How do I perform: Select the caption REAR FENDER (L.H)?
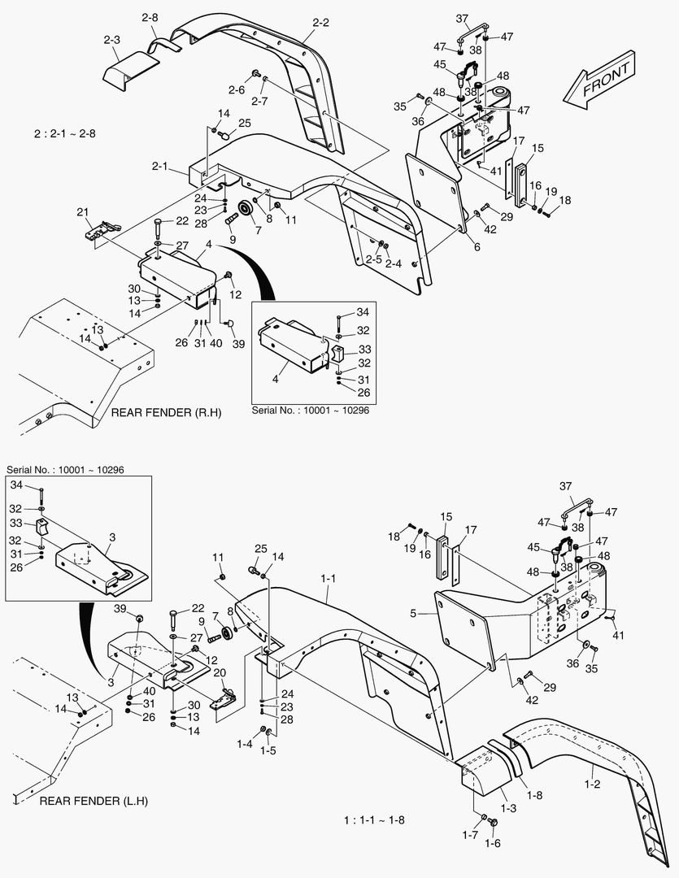click(x=97, y=802)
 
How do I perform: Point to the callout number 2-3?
click(x=111, y=40)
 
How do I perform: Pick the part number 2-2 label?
click(x=320, y=23)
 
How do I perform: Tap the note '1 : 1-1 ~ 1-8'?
click(x=374, y=819)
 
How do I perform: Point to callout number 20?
click(x=219, y=672)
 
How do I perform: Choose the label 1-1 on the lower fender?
click(x=329, y=578)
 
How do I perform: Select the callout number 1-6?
click(x=493, y=843)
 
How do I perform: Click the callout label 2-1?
click(x=159, y=167)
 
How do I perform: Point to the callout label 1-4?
click(x=244, y=743)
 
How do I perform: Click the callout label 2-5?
click(x=373, y=259)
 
